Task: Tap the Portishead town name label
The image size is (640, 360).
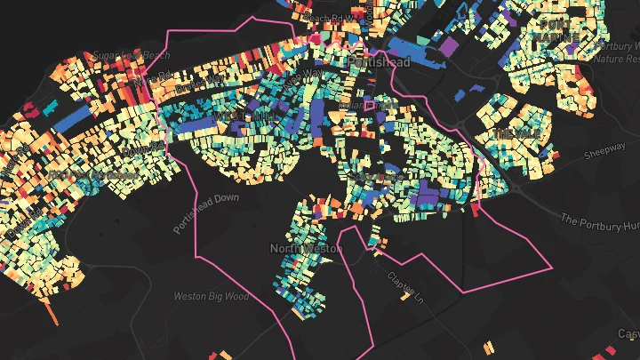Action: click(380, 62)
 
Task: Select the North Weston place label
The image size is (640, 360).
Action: click(306, 249)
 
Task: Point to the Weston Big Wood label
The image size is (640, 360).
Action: click(211, 296)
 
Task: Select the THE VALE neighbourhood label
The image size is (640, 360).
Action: click(516, 134)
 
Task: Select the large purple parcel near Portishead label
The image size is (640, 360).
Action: click(449, 44)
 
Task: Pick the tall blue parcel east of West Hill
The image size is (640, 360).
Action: click(317, 121)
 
